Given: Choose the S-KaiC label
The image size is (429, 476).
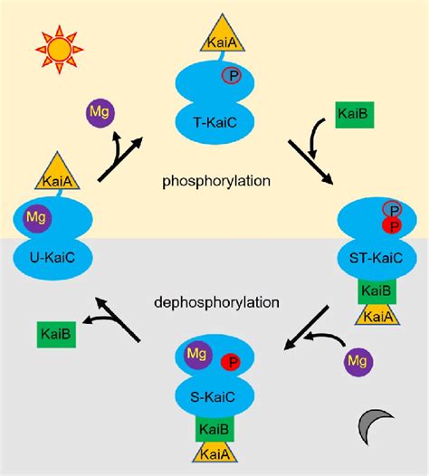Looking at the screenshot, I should pyautogui.click(x=216, y=395).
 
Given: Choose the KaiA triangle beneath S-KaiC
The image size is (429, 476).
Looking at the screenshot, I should pyautogui.click(x=215, y=454).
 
